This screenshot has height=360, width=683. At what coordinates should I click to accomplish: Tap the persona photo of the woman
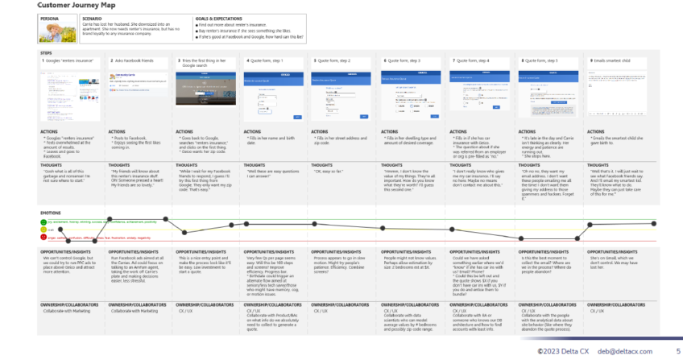click(x=53, y=33)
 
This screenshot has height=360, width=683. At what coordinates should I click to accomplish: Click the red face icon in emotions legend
click(x=43, y=239)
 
